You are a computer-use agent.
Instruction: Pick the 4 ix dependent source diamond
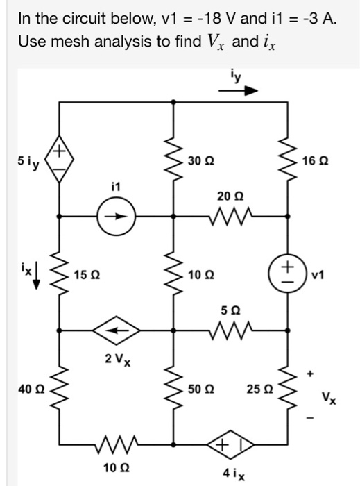click(229, 442)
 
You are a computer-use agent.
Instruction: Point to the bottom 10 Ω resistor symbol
click(115, 442)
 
